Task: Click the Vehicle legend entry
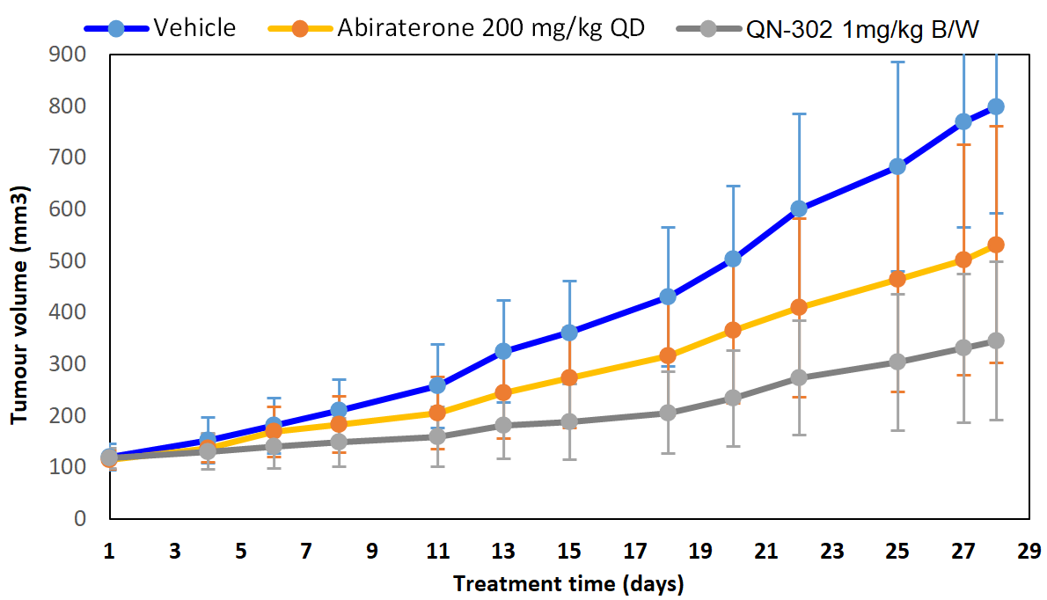(194, 27)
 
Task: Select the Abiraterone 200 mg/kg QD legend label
(490, 27)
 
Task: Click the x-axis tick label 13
(502, 552)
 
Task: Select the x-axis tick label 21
(765, 552)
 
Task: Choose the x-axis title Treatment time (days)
(567, 583)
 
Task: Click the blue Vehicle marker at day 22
(799, 209)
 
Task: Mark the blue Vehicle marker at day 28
(996, 106)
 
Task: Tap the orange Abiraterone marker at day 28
(996, 245)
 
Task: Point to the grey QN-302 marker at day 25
(897, 362)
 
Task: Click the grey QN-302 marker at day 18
(667, 413)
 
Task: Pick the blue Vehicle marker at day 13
(503, 351)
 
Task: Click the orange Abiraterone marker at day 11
(437, 413)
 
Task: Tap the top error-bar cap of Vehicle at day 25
(897, 62)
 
